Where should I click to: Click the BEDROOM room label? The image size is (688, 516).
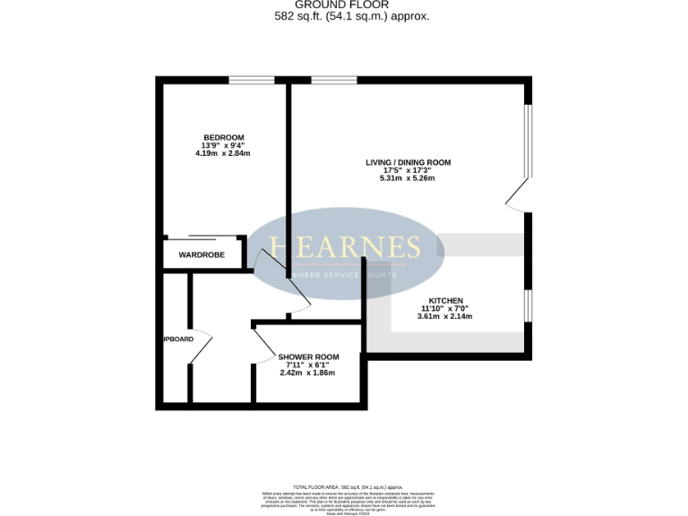click(223, 137)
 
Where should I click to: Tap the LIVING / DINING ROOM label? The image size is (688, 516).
click(408, 162)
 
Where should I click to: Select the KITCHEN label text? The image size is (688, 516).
click(445, 300)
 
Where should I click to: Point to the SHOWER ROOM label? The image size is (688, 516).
click(308, 357)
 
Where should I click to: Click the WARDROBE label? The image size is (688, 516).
click(201, 255)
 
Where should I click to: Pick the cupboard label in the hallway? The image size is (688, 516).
click(177, 339)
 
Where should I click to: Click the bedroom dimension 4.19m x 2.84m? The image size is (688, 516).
click(223, 153)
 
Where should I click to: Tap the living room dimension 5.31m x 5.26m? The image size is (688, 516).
click(408, 178)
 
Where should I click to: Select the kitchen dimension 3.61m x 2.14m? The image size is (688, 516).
click(445, 316)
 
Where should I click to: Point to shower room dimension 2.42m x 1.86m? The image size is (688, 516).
click(307, 373)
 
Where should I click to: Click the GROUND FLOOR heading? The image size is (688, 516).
click(343, 4)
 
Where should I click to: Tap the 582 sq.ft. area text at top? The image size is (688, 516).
click(343, 16)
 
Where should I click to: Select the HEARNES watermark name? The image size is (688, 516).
click(345, 247)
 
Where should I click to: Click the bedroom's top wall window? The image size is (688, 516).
click(251, 81)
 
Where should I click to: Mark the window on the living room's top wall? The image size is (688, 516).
click(333, 81)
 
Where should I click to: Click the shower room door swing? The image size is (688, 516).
click(266, 342)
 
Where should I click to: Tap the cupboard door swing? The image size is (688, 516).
click(202, 345)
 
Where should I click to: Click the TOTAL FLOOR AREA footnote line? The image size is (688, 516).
click(343, 484)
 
